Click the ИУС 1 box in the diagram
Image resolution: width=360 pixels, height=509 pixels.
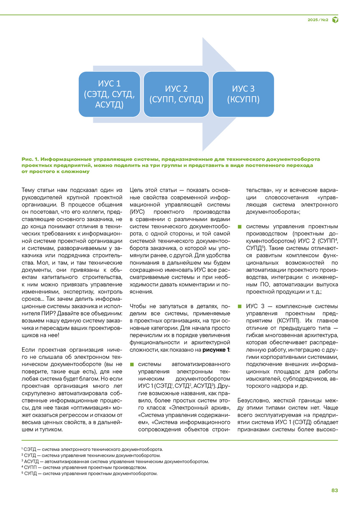coord(109,94)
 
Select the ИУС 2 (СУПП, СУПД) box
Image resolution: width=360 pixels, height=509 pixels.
coord(176,94)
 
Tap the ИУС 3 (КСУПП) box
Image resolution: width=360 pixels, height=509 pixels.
coord(243,94)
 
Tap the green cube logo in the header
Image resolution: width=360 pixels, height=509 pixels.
coord(335,20)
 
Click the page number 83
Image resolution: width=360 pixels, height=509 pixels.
coord(335,490)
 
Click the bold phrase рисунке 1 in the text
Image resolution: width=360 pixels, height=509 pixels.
coord(216,350)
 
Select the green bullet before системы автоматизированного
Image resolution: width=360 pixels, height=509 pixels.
coord(132,364)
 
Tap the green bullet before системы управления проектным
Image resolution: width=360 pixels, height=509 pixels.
coord(240,225)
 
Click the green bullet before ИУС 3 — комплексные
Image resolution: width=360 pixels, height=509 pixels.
coord(240,306)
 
